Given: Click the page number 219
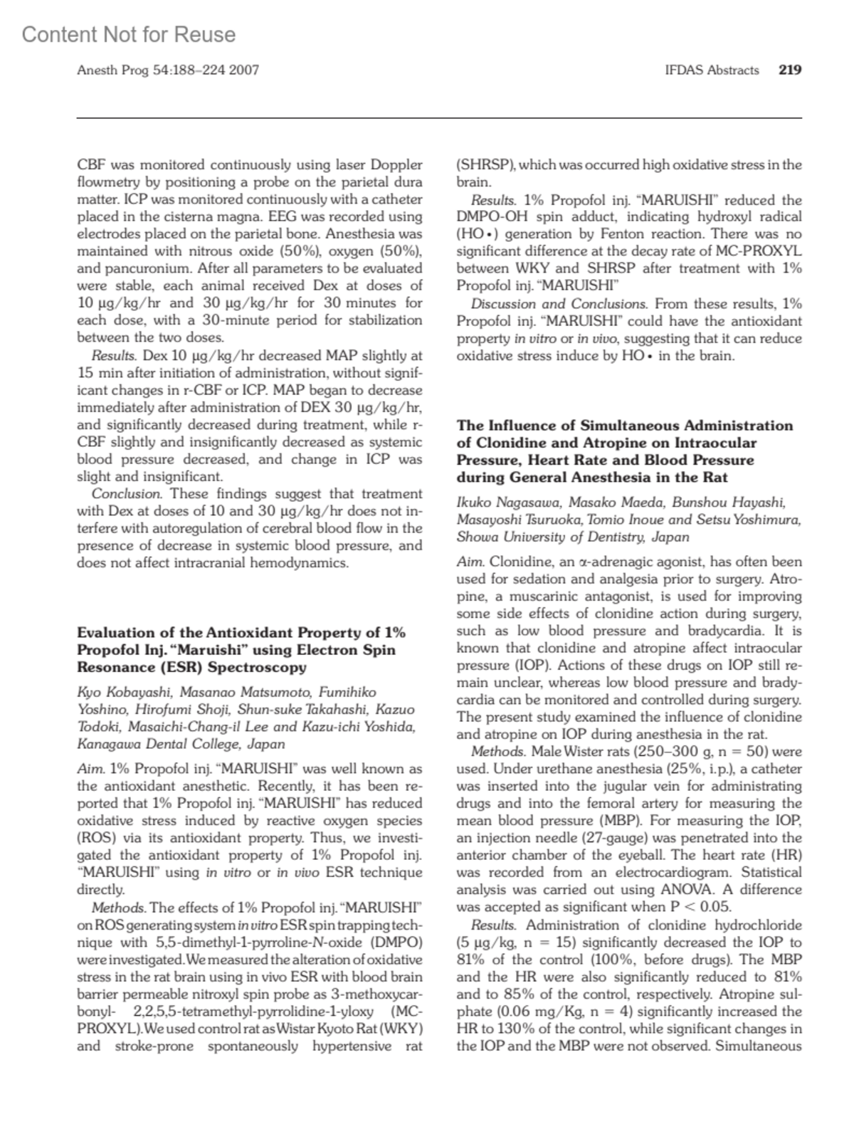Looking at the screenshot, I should pos(790,70).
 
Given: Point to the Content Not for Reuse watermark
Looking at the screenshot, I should pos(129,34).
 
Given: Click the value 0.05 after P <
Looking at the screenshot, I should pos(716,907).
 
